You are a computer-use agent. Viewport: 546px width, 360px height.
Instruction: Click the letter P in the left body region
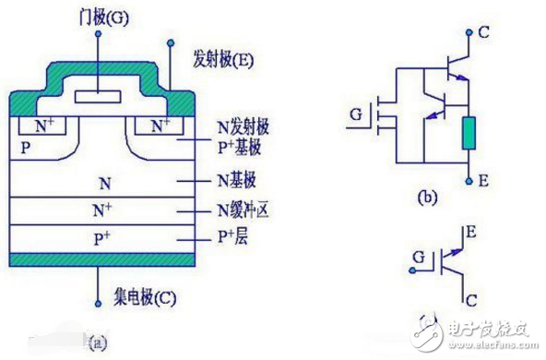point(25,147)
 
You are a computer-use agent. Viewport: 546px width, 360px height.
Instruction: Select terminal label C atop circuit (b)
point(482,32)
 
